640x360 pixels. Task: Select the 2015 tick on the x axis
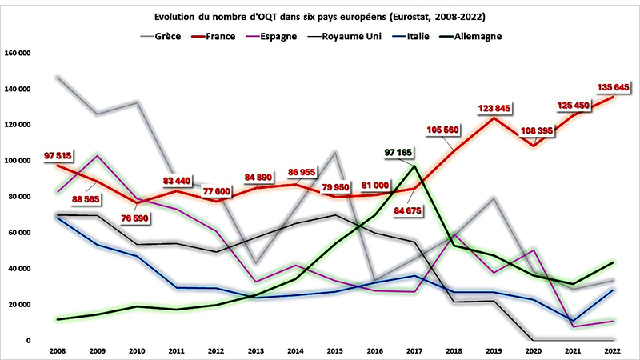334,350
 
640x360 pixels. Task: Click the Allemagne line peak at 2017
414,166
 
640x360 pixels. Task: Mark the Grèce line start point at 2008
58,77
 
